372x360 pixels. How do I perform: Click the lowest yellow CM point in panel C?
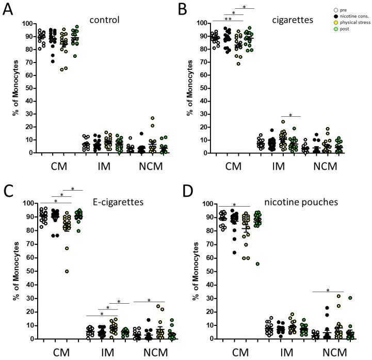[67, 271]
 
